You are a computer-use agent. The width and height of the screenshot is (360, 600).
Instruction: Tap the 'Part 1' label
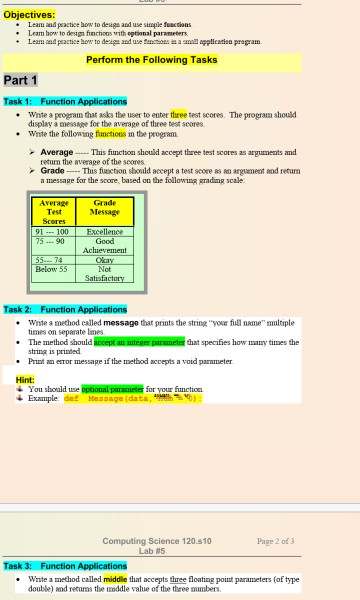21,80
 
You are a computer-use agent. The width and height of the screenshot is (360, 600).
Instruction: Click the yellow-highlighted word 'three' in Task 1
179,114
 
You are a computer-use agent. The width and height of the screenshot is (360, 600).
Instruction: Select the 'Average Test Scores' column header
55,211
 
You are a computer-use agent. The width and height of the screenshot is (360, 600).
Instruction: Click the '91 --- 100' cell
52,232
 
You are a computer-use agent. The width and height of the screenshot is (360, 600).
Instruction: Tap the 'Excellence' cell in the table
104,232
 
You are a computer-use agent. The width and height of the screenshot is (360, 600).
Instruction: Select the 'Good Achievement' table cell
104,246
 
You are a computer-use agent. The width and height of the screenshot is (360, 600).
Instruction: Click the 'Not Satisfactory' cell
104,274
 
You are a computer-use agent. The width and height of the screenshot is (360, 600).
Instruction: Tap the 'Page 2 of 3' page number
275,541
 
